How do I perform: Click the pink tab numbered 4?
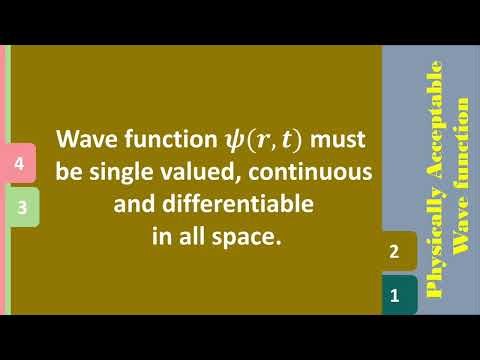coord(21,162)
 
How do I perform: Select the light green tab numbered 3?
coord(21,208)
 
